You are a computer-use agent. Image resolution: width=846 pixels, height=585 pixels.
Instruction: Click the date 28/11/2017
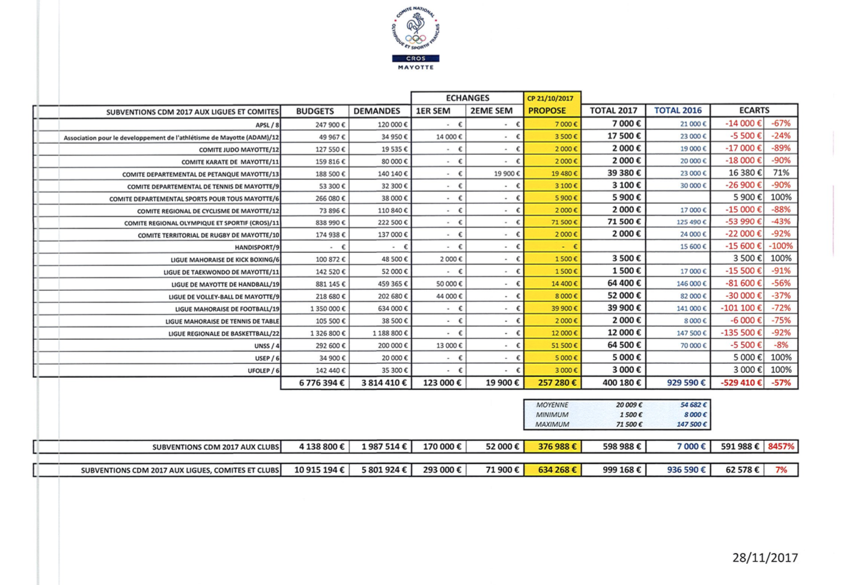coord(765,558)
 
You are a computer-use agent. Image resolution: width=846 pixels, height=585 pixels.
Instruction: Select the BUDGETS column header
coord(315,111)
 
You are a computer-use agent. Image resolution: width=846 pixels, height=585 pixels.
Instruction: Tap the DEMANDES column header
coord(377,111)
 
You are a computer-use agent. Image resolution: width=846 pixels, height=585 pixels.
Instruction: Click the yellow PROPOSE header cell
coord(547,111)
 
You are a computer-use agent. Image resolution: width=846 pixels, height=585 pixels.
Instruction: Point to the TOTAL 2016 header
coord(678,110)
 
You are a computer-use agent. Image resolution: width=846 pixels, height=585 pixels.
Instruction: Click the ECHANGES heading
coord(467,98)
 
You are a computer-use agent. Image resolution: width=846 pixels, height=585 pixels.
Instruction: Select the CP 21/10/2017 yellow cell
coord(550,99)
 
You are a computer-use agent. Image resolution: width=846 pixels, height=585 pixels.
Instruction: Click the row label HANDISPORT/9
coord(257,247)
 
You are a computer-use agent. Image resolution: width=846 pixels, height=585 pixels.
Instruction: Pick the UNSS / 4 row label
coord(266,346)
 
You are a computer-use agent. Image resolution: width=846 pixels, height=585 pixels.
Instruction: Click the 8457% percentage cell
coord(781,446)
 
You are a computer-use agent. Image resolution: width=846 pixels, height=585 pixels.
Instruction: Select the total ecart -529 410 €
coord(741,383)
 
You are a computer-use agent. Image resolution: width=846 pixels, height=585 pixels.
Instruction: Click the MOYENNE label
coord(552,405)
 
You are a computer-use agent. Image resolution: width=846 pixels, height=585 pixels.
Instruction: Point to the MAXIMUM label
coord(552,425)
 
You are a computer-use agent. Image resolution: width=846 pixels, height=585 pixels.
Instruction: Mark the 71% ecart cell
coord(781,173)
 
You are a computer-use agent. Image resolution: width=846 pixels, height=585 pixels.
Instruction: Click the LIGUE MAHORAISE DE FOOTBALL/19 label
coord(227,309)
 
